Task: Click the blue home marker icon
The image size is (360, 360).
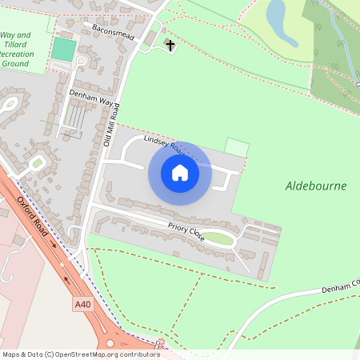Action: tap(179, 173)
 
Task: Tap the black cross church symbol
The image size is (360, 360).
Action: tap(170, 46)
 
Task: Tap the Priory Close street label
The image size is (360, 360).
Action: tap(186, 232)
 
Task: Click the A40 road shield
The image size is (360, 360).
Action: tap(82, 304)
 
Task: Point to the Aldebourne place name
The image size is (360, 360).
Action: tap(316, 186)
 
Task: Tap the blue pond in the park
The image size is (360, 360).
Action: tap(277, 14)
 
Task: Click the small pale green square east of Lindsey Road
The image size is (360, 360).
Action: tap(236, 147)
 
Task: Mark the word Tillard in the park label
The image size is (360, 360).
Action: tap(16, 44)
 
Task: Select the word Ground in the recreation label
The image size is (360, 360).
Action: tap(16, 63)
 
